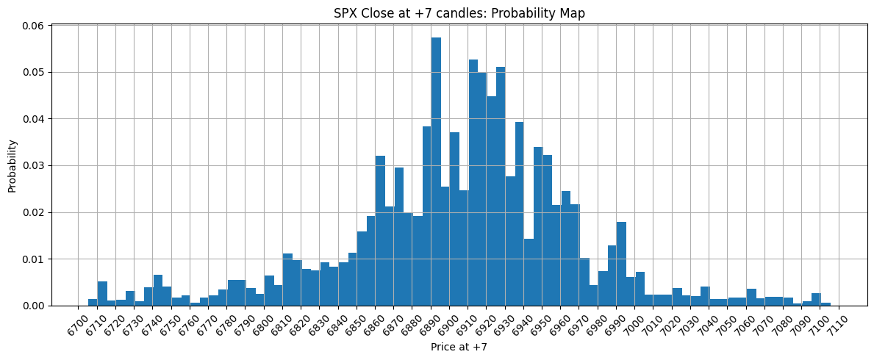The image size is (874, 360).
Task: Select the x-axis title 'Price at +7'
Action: (x=459, y=347)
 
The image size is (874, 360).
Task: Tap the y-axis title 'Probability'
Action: (x=12, y=165)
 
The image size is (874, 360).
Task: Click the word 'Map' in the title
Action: (x=573, y=13)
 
